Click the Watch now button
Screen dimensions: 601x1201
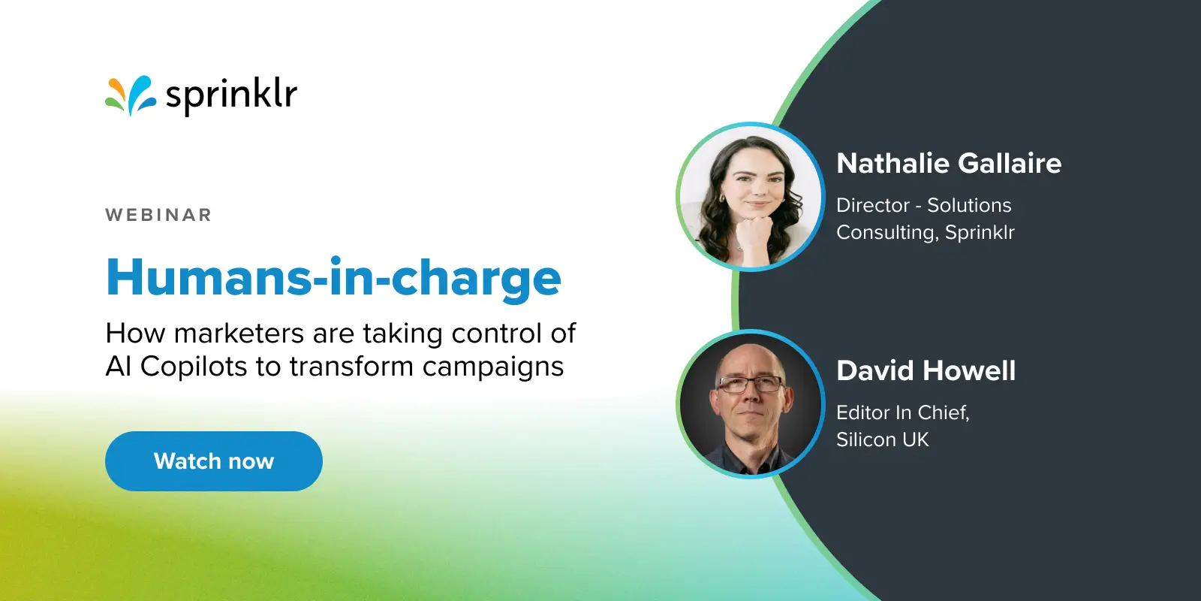click(214, 461)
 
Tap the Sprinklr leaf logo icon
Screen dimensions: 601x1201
click(130, 96)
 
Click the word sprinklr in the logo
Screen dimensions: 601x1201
click(231, 96)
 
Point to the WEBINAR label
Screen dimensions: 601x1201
click(158, 215)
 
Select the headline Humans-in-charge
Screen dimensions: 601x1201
click(334, 278)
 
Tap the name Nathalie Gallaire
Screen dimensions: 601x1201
click(949, 163)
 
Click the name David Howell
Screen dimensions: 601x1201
click(926, 370)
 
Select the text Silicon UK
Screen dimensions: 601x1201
click(883, 439)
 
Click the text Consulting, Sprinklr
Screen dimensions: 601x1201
click(926, 232)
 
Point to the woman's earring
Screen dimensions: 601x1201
click(722, 200)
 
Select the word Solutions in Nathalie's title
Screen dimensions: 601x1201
click(969, 205)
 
